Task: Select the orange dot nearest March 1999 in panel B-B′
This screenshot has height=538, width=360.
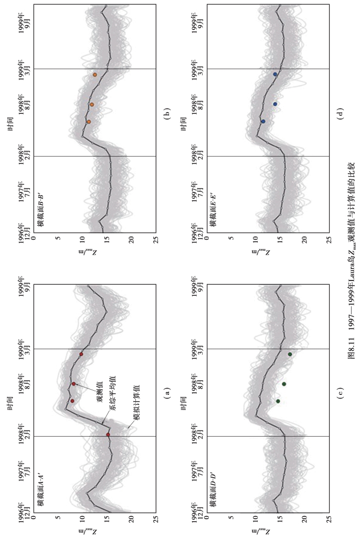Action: pyautogui.click(x=95, y=74)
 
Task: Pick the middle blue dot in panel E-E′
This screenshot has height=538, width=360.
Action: pyautogui.click(x=274, y=104)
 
